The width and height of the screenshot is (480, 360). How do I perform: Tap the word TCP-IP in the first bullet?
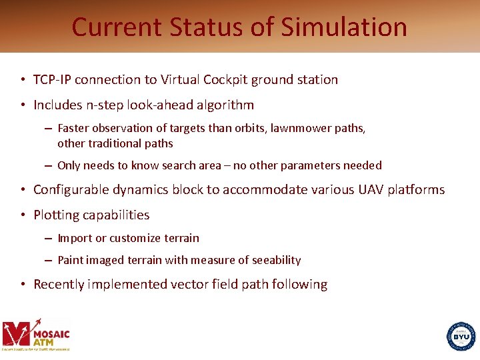click(x=52, y=80)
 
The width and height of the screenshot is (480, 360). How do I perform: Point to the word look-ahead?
click(x=150, y=105)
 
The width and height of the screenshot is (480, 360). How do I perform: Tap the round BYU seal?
click(x=461, y=336)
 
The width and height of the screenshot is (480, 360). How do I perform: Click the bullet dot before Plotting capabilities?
click(x=23, y=215)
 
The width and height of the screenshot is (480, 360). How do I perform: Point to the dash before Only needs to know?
click(x=49, y=165)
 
